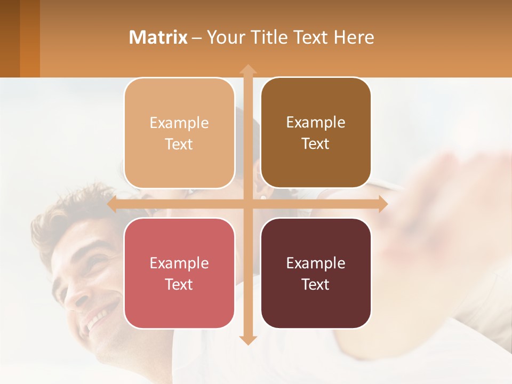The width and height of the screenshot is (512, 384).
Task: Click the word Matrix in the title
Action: pyautogui.click(x=158, y=37)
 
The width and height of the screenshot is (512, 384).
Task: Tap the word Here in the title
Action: pyautogui.click(x=354, y=37)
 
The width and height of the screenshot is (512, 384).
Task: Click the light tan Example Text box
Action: pyautogui.click(x=179, y=133)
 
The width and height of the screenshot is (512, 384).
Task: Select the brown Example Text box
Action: pyautogui.click(x=316, y=133)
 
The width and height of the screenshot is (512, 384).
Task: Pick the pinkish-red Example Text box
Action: pyautogui.click(x=179, y=273)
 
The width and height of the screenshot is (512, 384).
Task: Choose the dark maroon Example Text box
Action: pyautogui.click(x=316, y=273)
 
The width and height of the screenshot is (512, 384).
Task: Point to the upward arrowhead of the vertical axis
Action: pyautogui.click(x=247, y=69)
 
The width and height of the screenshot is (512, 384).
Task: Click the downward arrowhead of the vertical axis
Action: pyautogui.click(x=247, y=340)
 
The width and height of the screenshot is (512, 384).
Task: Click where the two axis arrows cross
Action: pyautogui.click(x=247, y=204)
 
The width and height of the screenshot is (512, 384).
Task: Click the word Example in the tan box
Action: pyautogui.click(x=179, y=123)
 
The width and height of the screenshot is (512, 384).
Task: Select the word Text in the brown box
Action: pyautogui.click(x=316, y=143)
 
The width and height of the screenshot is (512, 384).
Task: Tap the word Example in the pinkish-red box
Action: pyautogui.click(x=179, y=263)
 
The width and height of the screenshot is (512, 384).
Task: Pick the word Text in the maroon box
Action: pyautogui.click(x=316, y=284)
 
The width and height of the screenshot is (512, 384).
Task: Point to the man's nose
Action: pyautogui.click(x=77, y=299)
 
